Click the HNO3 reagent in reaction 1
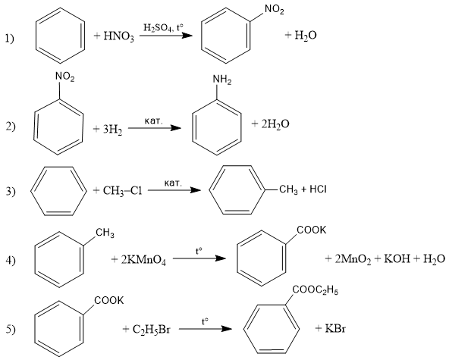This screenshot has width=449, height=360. coord(118,36)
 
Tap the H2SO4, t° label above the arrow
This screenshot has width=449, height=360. coord(163,28)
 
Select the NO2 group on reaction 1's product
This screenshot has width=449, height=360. coord(275,9)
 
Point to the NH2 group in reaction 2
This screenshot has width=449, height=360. coord(222,80)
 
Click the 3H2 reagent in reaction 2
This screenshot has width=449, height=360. coord(112,130)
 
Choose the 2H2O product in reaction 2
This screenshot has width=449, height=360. coord(275,124)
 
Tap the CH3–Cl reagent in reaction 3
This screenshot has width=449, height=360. coord(122,191)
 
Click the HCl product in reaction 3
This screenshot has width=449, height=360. coord(318,189)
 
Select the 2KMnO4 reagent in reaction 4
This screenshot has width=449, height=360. coord(143,260)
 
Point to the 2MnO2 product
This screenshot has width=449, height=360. coord(353,259)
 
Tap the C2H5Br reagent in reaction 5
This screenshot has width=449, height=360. coord(152,330)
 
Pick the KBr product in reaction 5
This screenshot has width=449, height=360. coord(335,328)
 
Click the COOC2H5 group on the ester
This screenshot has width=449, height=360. coord(316,290)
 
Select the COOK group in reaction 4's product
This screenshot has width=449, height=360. coord(311,230)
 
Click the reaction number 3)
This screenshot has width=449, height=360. coord(11,191)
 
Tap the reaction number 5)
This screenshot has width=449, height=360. coord(11,330)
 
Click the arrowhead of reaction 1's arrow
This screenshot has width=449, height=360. coord(187,36)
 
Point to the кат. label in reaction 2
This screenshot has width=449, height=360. coord(153,121)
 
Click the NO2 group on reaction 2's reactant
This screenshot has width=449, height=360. coord(64,77)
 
